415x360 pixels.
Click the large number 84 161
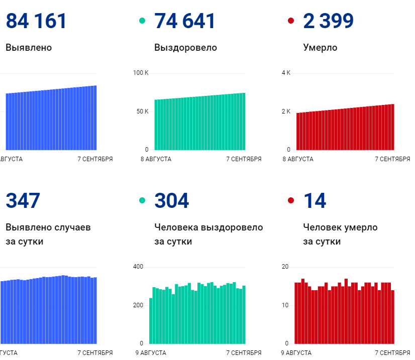(36, 21)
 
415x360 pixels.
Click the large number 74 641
(185, 21)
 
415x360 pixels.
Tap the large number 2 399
(328, 21)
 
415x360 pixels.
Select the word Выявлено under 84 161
(29, 48)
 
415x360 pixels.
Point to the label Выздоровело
(185, 48)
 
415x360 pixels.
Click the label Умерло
(320, 48)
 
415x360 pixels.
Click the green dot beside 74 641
(142, 21)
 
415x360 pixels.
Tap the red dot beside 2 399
(290, 21)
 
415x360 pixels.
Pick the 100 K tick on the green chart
(141, 73)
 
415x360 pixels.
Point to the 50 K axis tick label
(142, 111)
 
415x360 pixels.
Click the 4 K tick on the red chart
(286, 73)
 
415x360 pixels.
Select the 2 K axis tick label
(286, 111)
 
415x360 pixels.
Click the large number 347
(23, 201)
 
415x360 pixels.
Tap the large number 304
(172, 201)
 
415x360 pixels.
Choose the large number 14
(315, 201)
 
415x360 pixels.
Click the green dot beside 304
(142, 201)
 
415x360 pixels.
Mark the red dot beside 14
(290, 201)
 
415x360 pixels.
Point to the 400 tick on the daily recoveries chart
(138, 267)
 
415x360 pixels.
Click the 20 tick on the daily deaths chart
(285, 267)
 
